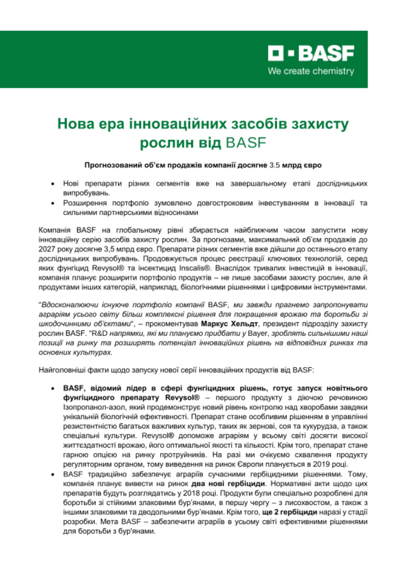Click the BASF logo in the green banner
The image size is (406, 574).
click(x=311, y=53)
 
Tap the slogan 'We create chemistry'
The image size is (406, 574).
click(x=311, y=71)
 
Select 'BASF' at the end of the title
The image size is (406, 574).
click(x=246, y=143)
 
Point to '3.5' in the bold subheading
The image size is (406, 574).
click(x=274, y=165)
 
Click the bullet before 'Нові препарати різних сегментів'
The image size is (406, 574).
click(x=53, y=184)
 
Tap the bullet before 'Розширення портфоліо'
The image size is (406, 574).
click(x=53, y=203)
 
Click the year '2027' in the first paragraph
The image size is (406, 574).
click(x=47, y=249)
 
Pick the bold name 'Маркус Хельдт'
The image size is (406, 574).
click(x=229, y=324)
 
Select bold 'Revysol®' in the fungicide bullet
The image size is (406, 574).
click(x=182, y=398)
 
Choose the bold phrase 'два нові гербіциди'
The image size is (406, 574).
click(x=228, y=484)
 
